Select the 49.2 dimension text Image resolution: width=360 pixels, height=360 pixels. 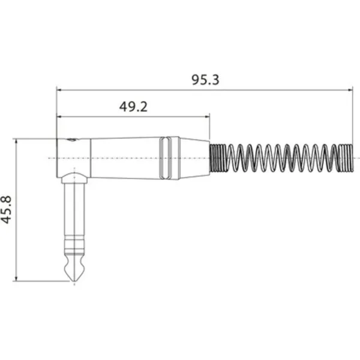133,107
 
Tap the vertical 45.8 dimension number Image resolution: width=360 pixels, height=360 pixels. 7,209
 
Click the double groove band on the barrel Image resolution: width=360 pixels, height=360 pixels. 166,158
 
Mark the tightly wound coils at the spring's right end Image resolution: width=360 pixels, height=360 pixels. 346,158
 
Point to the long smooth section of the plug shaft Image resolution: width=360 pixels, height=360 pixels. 74,210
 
